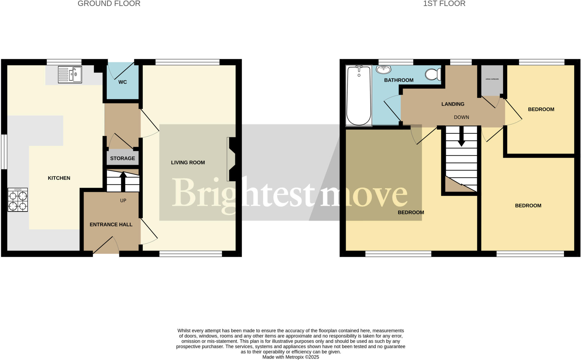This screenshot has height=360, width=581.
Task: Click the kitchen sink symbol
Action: click(70, 74)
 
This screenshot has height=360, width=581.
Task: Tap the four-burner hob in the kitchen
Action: click(18, 200)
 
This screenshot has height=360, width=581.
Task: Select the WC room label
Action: click(123, 82)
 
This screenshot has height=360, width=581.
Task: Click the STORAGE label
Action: click(123, 158)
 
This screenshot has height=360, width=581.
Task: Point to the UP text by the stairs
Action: click(123, 201)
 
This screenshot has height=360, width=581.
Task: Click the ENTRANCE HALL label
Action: click(111, 225)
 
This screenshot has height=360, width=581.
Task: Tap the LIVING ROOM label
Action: click(188, 163)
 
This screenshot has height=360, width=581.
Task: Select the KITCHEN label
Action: click(59, 178)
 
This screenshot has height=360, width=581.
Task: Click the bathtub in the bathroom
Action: click(359, 96)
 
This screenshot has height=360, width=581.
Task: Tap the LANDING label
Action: click(453, 104)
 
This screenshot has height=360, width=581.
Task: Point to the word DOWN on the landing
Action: click(461, 117)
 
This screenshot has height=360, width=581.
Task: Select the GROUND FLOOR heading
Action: click(109, 4)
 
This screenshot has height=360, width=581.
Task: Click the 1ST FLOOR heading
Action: click(444, 4)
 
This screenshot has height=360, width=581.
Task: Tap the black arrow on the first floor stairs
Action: click(462, 137)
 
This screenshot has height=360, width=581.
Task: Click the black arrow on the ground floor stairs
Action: click(123, 181)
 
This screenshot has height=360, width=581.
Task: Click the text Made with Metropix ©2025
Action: click(290, 357)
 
